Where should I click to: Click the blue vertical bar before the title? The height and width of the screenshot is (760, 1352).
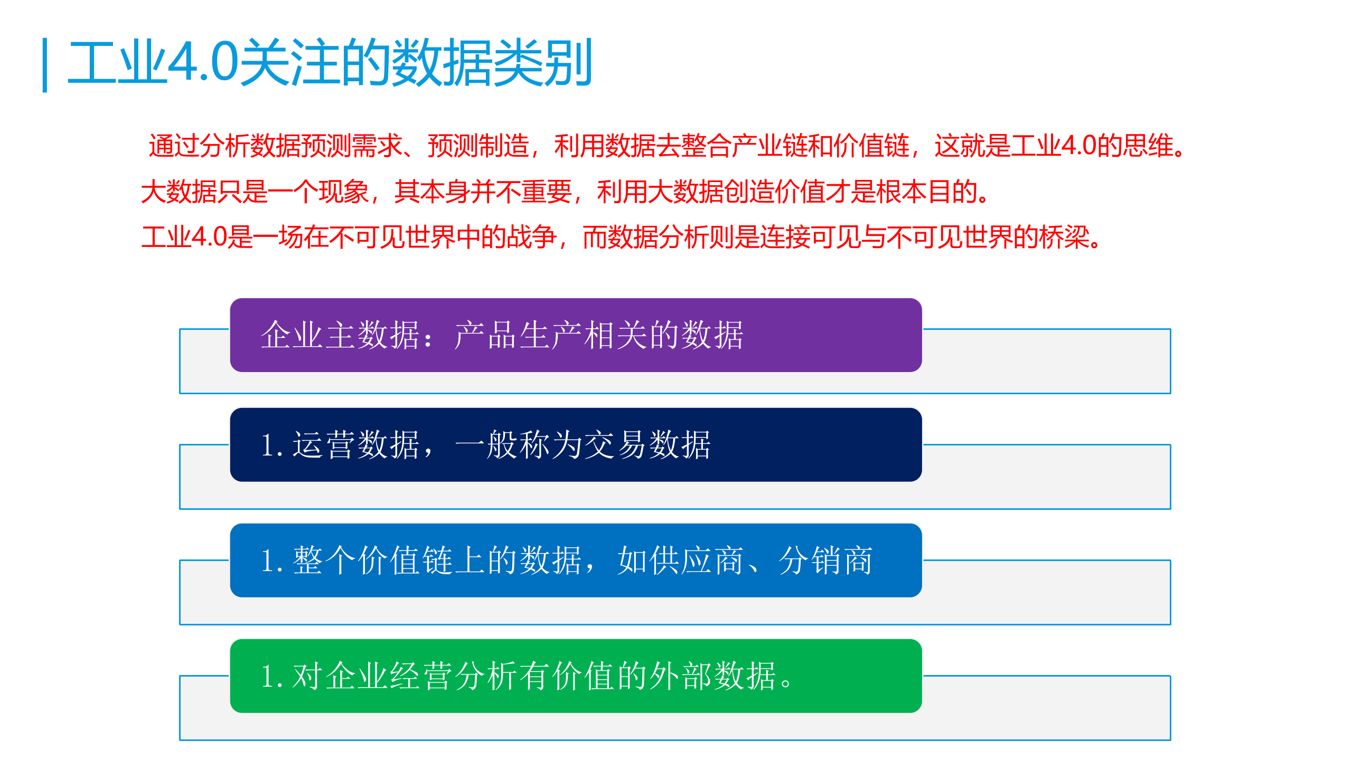pyautogui.click(x=45, y=65)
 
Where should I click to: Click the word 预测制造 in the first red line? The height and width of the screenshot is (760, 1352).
pyautogui.click(x=478, y=146)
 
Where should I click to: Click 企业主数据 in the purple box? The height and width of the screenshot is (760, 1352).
pyautogui.click(x=341, y=335)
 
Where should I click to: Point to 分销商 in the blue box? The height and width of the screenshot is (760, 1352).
pyautogui.click(x=826, y=560)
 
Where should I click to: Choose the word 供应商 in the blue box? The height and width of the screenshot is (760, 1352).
pyautogui.click(x=681, y=560)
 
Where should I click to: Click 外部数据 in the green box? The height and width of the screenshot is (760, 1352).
pyautogui.click(x=713, y=676)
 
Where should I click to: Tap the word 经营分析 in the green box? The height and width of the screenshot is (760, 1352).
pyautogui.click(x=454, y=676)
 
